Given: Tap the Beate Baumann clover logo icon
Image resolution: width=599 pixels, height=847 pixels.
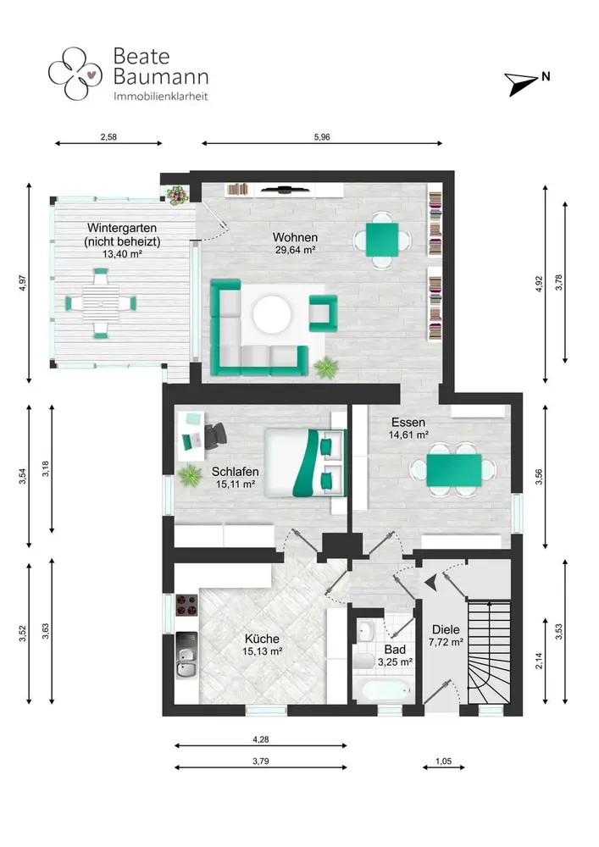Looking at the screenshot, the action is coord(75,74).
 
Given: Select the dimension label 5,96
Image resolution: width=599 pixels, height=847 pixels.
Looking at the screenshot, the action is coord(322,137).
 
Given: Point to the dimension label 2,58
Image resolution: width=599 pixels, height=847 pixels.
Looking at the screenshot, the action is coord(108,137).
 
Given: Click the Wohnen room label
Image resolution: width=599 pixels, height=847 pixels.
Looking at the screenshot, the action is coord(295,237).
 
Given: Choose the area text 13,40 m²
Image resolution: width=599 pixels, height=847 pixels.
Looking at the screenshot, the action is coord(121,254).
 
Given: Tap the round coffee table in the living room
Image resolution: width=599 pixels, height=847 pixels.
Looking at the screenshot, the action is coord(272,314).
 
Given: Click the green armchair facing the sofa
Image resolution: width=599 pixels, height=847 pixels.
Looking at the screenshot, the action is coord(323,313).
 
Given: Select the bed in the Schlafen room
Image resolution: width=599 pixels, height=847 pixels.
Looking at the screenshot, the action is coord(305,462).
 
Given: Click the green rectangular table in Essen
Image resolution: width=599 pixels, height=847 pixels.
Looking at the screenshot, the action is coord(454,470).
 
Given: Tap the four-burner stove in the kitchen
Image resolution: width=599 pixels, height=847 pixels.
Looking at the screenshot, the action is coord(187,605).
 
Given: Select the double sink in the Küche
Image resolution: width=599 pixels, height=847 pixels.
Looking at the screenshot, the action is coord(187,656).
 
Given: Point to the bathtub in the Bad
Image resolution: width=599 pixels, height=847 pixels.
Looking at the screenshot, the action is coord(383,691).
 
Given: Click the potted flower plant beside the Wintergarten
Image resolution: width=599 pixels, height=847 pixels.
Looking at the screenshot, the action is coord(176,195).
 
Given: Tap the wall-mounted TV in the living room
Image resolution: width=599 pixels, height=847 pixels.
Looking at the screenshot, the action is coord(283,189).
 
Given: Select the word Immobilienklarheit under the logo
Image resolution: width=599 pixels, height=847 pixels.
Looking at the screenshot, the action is coord(160,97).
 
